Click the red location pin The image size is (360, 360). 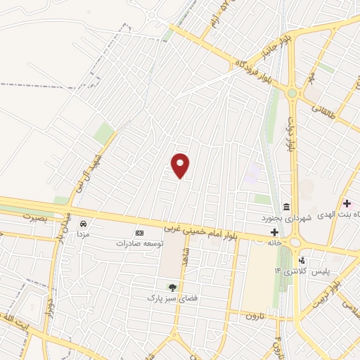(x=181, y=165)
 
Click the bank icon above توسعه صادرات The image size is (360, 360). (x=139, y=233)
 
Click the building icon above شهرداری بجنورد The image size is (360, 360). (x=286, y=206)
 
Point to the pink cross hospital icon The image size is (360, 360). (x=347, y=203)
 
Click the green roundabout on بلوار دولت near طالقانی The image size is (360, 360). (x=291, y=92)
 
